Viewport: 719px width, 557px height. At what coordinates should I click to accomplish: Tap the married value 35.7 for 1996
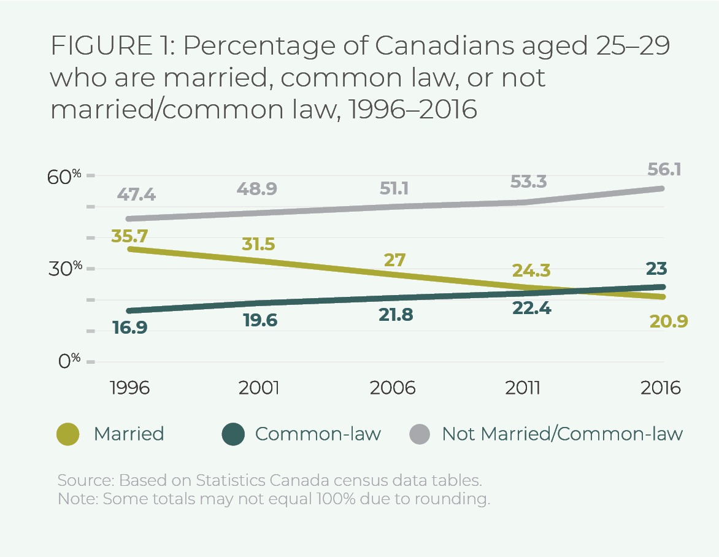pyautogui.click(x=130, y=236)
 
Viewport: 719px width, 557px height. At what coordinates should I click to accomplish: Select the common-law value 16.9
pyautogui.click(x=130, y=327)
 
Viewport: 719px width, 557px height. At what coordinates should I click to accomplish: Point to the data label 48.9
pyautogui.click(x=257, y=188)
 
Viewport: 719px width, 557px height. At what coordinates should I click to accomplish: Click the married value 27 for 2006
pyautogui.click(x=394, y=259)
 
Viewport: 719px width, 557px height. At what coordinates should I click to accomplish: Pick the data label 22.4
pyautogui.click(x=531, y=309)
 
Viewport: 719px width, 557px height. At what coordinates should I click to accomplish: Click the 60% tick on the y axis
pyautogui.click(x=66, y=177)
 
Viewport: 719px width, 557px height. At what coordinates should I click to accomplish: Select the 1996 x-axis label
pyautogui.click(x=130, y=388)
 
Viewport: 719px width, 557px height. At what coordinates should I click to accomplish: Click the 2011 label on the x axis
pyautogui.click(x=523, y=388)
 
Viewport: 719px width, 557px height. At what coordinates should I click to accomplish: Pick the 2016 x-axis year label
pyautogui.click(x=660, y=388)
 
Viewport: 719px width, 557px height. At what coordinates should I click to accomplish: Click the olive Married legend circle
pyautogui.click(x=67, y=434)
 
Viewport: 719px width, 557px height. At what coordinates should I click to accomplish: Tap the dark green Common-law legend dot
pyautogui.click(x=233, y=434)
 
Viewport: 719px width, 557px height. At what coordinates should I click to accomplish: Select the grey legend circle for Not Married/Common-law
pyautogui.click(x=419, y=434)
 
